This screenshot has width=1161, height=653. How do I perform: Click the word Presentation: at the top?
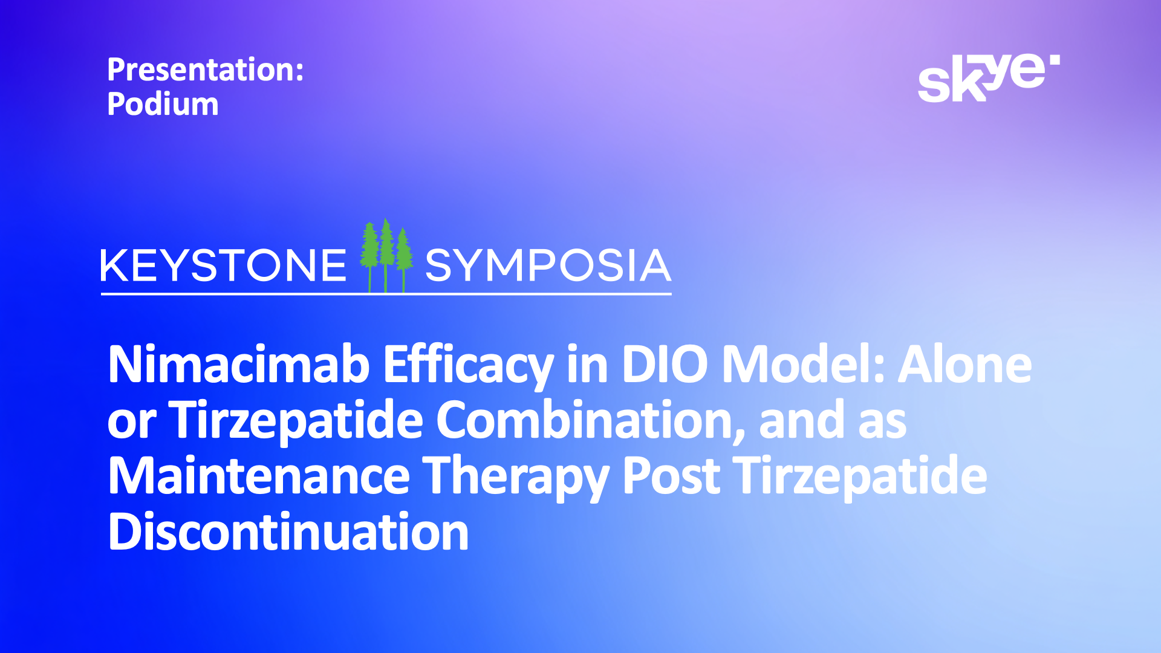point(205,70)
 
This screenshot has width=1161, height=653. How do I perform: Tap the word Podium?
point(163,104)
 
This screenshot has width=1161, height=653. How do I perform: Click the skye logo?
point(989,78)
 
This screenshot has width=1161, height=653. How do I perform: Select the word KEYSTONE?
point(223,265)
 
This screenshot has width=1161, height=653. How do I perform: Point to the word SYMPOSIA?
point(548,265)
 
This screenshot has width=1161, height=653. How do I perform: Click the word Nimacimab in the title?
point(239,365)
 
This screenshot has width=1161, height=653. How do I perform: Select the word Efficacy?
point(469,366)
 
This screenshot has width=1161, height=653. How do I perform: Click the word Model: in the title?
point(803,365)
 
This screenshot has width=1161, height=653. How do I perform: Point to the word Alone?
point(965,365)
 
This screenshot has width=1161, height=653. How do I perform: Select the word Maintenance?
point(259,476)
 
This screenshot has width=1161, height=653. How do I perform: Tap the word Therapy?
point(515,478)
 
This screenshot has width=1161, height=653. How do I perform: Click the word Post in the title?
point(671,476)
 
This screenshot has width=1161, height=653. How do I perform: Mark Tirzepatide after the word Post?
point(860,478)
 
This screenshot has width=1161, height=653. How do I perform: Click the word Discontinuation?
point(288,532)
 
